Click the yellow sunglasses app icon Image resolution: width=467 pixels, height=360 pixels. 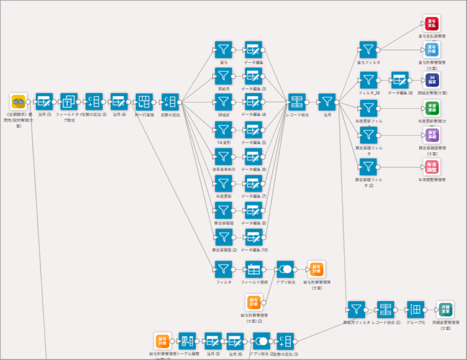pos(19,101)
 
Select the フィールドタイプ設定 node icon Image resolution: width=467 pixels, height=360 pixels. pos(69,101)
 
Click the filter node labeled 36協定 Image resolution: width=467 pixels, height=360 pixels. pos(224,102)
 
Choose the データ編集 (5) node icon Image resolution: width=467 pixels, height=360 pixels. pos(254,130)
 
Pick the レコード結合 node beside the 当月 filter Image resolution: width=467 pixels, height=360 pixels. pos(297,101)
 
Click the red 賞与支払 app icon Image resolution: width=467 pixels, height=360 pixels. pos(432,23)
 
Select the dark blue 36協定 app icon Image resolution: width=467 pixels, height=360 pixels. pos(432,80)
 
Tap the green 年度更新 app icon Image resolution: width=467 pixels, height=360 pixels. pos(432,108)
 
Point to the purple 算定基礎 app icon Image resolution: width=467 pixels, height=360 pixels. pos(432,135)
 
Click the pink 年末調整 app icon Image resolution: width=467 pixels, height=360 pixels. pos(432,167)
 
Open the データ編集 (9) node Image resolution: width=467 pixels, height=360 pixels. pos(400,80)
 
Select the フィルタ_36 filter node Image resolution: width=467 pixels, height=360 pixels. pos(368,80)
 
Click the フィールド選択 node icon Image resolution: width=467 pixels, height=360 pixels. pos(254,269)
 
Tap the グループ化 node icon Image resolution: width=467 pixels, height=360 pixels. pos(415,309)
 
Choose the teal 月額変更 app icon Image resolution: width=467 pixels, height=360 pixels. pos(445,309)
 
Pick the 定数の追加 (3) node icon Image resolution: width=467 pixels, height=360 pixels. pos(285,341)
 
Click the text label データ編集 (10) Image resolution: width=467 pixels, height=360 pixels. pos(254,250)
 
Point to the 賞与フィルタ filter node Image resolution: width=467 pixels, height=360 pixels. pos(368,49)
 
